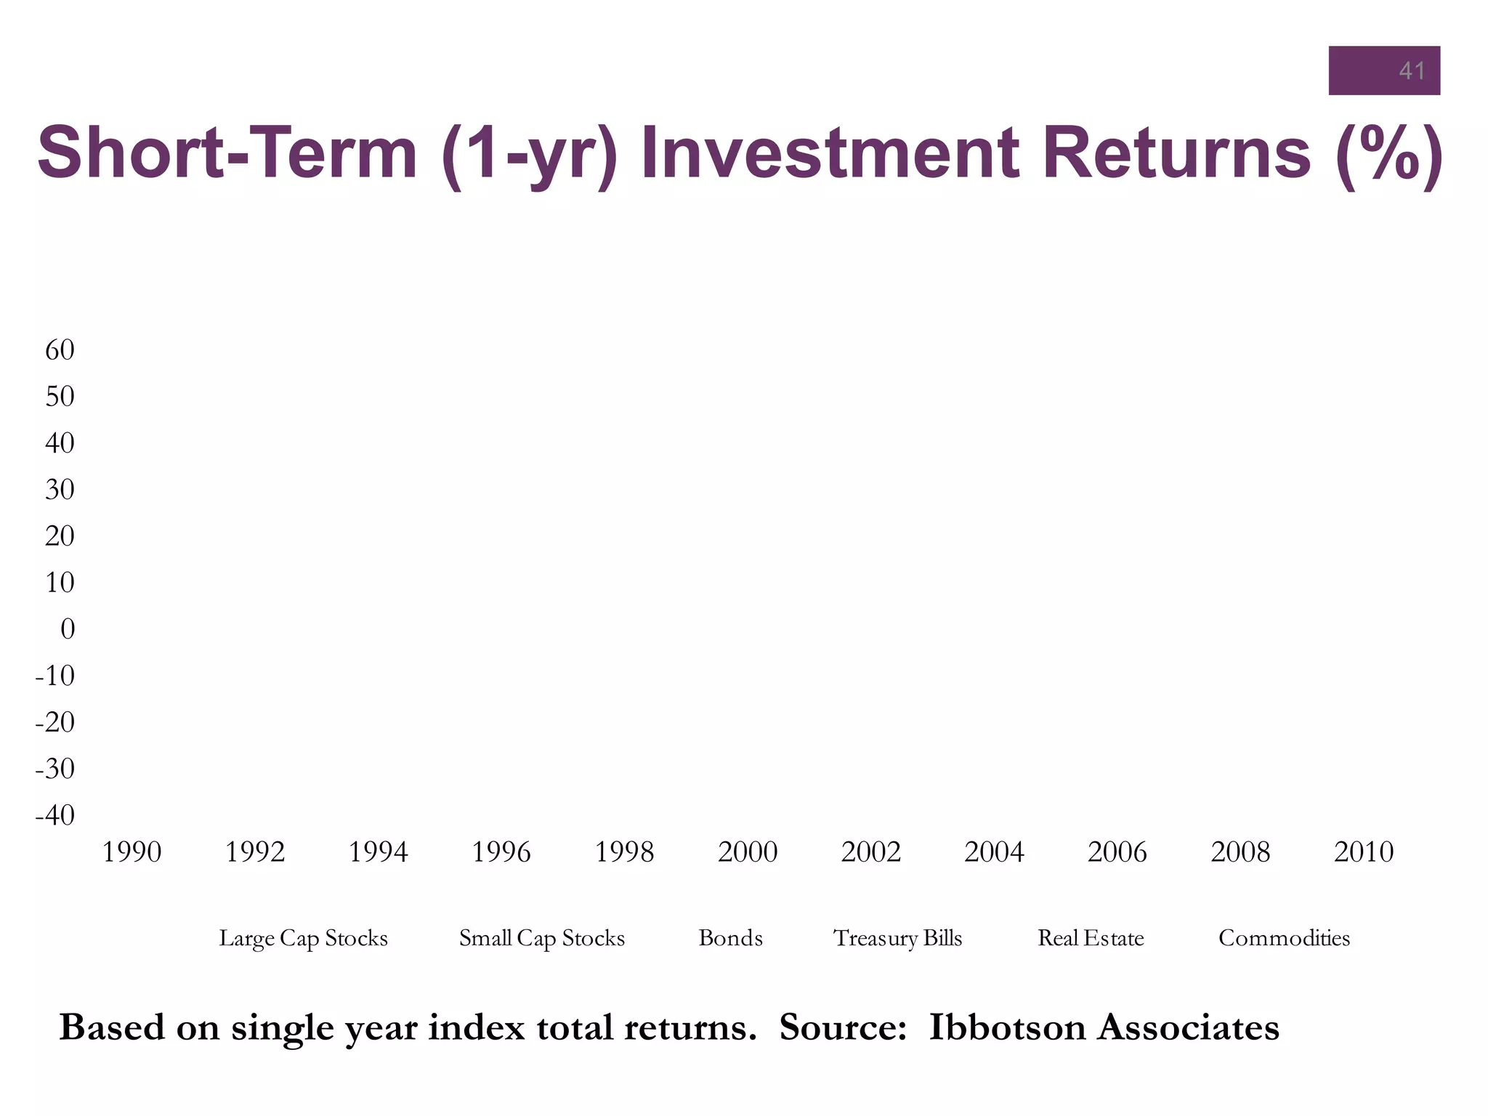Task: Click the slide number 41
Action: [1411, 70]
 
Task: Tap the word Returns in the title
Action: [1177, 153]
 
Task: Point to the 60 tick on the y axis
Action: [60, 350]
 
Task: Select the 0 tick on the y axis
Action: [67, 629]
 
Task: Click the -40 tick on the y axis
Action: [55, 815]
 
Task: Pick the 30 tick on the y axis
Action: [60, 490]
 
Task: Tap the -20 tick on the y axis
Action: [55, 722]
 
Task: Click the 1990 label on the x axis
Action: [132, 852]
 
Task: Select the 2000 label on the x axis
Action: [748, 852]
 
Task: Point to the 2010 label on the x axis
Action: [1364, 852]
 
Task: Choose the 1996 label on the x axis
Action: [501, 852]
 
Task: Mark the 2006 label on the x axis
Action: [1117, 852]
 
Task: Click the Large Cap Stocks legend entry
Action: [303, 938]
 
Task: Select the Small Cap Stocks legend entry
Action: [541, 938]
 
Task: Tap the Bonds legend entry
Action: [730, 938]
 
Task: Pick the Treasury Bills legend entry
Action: [897, 938]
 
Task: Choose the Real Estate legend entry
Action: [1091, 938]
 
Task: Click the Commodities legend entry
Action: [1284, 938]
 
